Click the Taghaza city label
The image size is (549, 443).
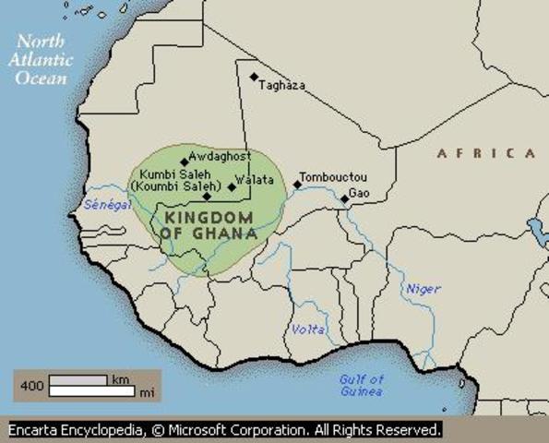282,85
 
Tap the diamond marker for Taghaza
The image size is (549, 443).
254,77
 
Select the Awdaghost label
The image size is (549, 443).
221,157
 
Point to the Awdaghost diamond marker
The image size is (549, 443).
185,162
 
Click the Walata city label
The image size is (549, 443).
255,180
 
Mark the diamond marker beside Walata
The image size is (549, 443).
232,186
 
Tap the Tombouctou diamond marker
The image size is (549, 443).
297,185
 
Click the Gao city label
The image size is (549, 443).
359,192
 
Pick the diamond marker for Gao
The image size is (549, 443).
344,198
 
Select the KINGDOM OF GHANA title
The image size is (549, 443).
209,224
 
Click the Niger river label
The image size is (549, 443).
424,289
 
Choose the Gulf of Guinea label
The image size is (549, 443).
361,386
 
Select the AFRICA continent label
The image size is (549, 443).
485,153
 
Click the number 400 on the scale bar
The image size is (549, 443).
30,386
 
